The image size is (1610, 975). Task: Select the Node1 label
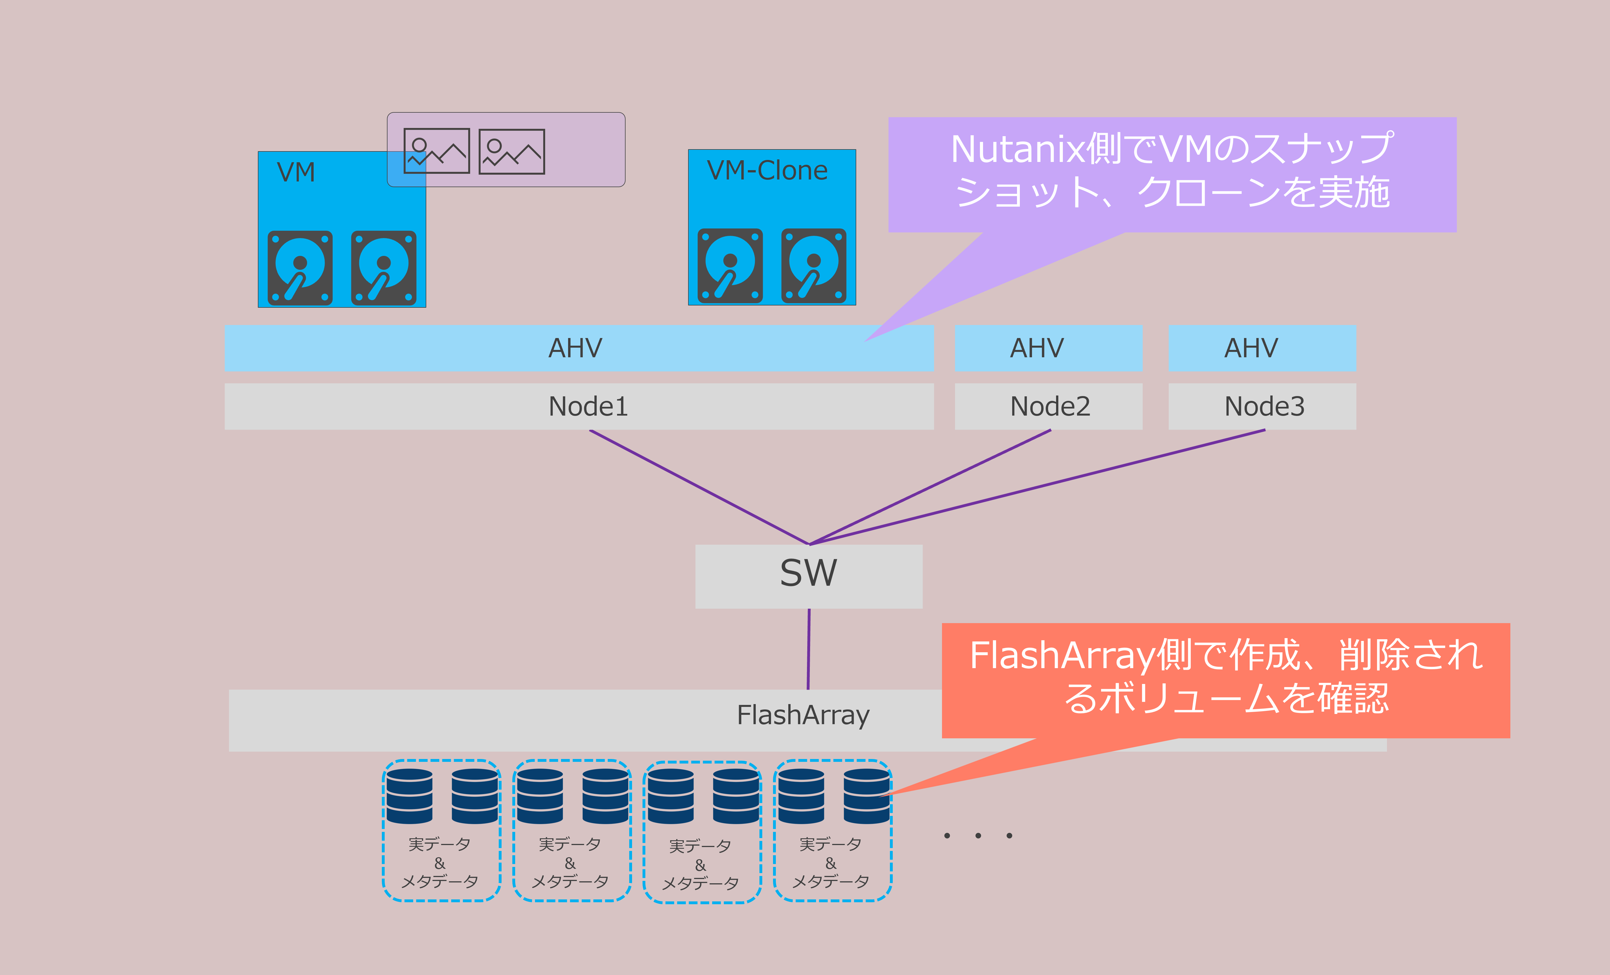coord(588,407)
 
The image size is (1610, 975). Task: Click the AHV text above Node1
coord(575,348)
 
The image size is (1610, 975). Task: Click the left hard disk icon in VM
coord(300,268)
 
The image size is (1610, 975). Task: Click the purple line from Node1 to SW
coord(699,487)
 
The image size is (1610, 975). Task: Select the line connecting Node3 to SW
coord(1037,487)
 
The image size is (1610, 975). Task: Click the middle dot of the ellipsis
coord(978,835)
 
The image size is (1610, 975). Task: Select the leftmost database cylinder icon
coord(409,796)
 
